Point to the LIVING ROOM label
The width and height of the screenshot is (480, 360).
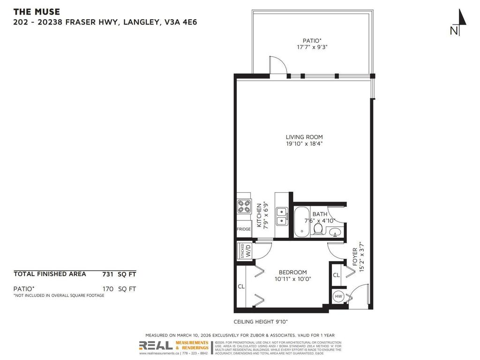(x=304, y=137)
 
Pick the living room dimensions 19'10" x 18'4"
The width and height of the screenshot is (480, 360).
(x=304, y=144)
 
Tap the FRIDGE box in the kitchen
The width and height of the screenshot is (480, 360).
(x=244, y=229)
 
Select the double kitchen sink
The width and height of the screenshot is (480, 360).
(x=282, y=216)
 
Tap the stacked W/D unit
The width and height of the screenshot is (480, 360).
(x=245, y=250)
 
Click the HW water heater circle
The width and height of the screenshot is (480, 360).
(x=338, y=297)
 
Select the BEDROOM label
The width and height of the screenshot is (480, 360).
(x=292, y=272)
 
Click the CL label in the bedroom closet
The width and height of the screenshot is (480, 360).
(x=241, y=286)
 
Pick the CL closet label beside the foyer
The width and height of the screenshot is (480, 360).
(x=337, y=276)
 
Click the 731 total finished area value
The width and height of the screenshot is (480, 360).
(x=108, y=274)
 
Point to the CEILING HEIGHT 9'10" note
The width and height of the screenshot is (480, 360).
(x=260, y=322)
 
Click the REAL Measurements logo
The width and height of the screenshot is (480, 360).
(x=173, y=346)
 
